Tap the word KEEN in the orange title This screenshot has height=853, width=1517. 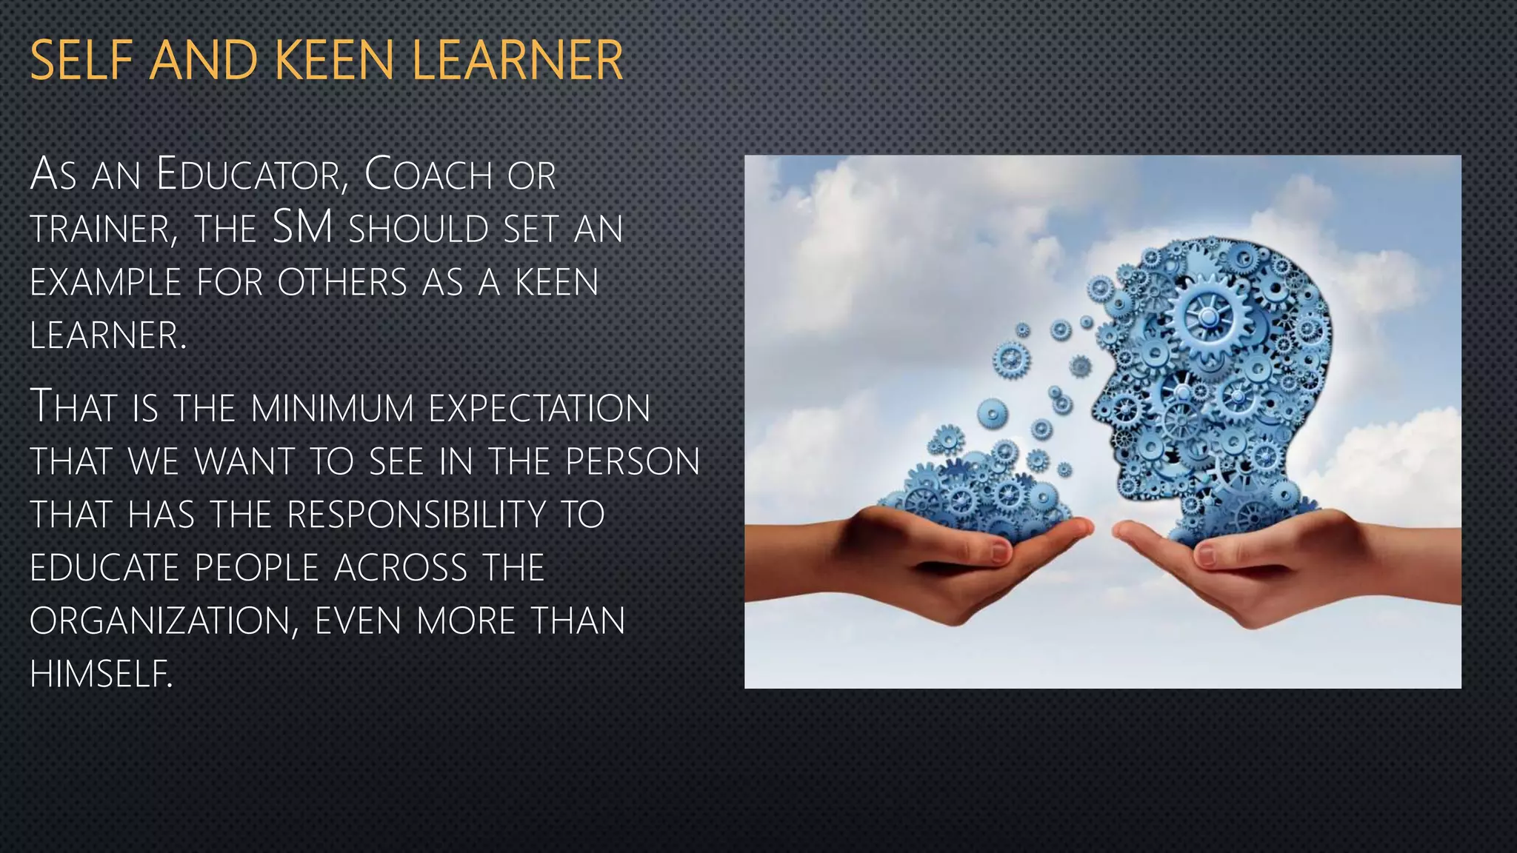click(x=333, y=61)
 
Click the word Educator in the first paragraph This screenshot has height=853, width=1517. click(x=252, y=175)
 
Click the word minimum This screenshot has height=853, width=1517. click(x=332, y=409)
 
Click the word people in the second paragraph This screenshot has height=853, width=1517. click(x=256, y=569)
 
